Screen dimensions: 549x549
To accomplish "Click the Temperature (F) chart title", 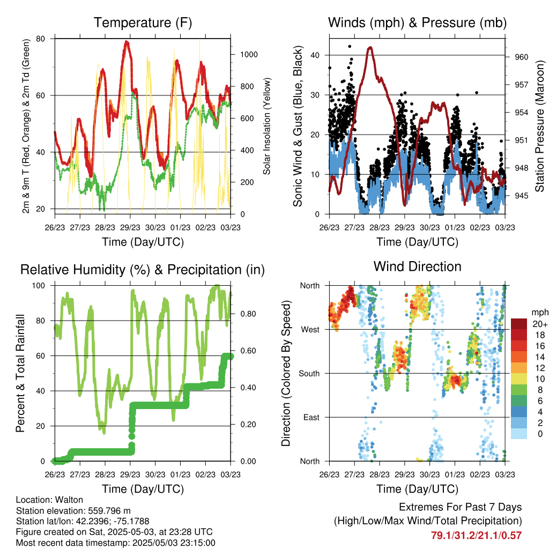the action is coord(143,23).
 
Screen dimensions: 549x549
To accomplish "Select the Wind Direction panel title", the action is coord(417,266).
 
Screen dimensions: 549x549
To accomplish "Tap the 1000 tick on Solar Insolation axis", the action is coord(249,55).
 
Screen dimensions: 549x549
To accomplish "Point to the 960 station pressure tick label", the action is coord(521,57).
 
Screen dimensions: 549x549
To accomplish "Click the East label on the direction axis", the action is coord(311,417).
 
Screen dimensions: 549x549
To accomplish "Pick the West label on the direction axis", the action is coord(310,330).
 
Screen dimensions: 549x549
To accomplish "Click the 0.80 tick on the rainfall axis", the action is coord(248,314).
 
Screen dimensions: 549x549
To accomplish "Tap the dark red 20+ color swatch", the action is coord(518,324).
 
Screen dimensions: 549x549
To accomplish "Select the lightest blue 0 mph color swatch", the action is coord(518,434).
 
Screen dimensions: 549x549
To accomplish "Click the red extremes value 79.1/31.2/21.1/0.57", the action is coord(476,536).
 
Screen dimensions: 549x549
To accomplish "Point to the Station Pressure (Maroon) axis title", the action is coord(540,126).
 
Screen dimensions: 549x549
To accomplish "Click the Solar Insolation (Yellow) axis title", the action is coord(267,126).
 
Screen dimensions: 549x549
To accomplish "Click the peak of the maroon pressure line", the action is coord(370,47).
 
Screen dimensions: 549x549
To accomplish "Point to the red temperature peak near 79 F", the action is coord(127,42).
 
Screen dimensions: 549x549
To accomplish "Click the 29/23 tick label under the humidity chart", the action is coord(130,474).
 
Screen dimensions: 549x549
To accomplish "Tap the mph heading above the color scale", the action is coord(539,313).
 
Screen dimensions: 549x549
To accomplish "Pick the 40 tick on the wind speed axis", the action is coord(315,55).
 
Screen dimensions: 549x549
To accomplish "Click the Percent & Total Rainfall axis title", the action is coord(20,373).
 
